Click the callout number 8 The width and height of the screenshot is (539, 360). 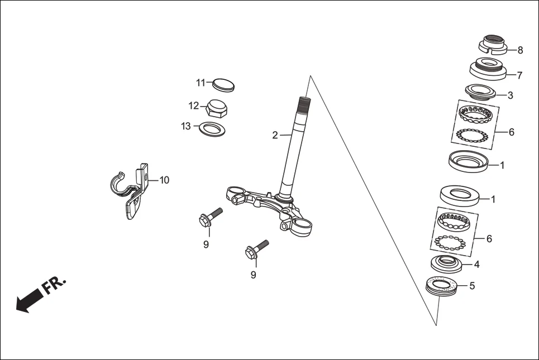(520, 50)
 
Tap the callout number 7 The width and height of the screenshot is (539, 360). (519, 75)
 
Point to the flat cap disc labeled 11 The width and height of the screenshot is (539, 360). (224, 84)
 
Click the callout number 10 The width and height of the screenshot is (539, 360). (164, 180)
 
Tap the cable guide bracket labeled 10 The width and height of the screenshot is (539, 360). (132, 193)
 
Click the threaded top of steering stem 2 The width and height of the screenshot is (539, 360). (303, 103)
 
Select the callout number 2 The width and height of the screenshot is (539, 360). (275, 135)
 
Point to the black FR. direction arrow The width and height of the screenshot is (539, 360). (28, 302)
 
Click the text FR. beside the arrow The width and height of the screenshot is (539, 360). (54, 285)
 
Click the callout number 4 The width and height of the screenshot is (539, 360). (476, 264)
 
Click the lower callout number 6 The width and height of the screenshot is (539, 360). (489, 238)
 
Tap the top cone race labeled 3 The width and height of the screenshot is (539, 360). (480, 91)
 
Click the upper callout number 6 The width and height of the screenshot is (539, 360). (512, 132)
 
